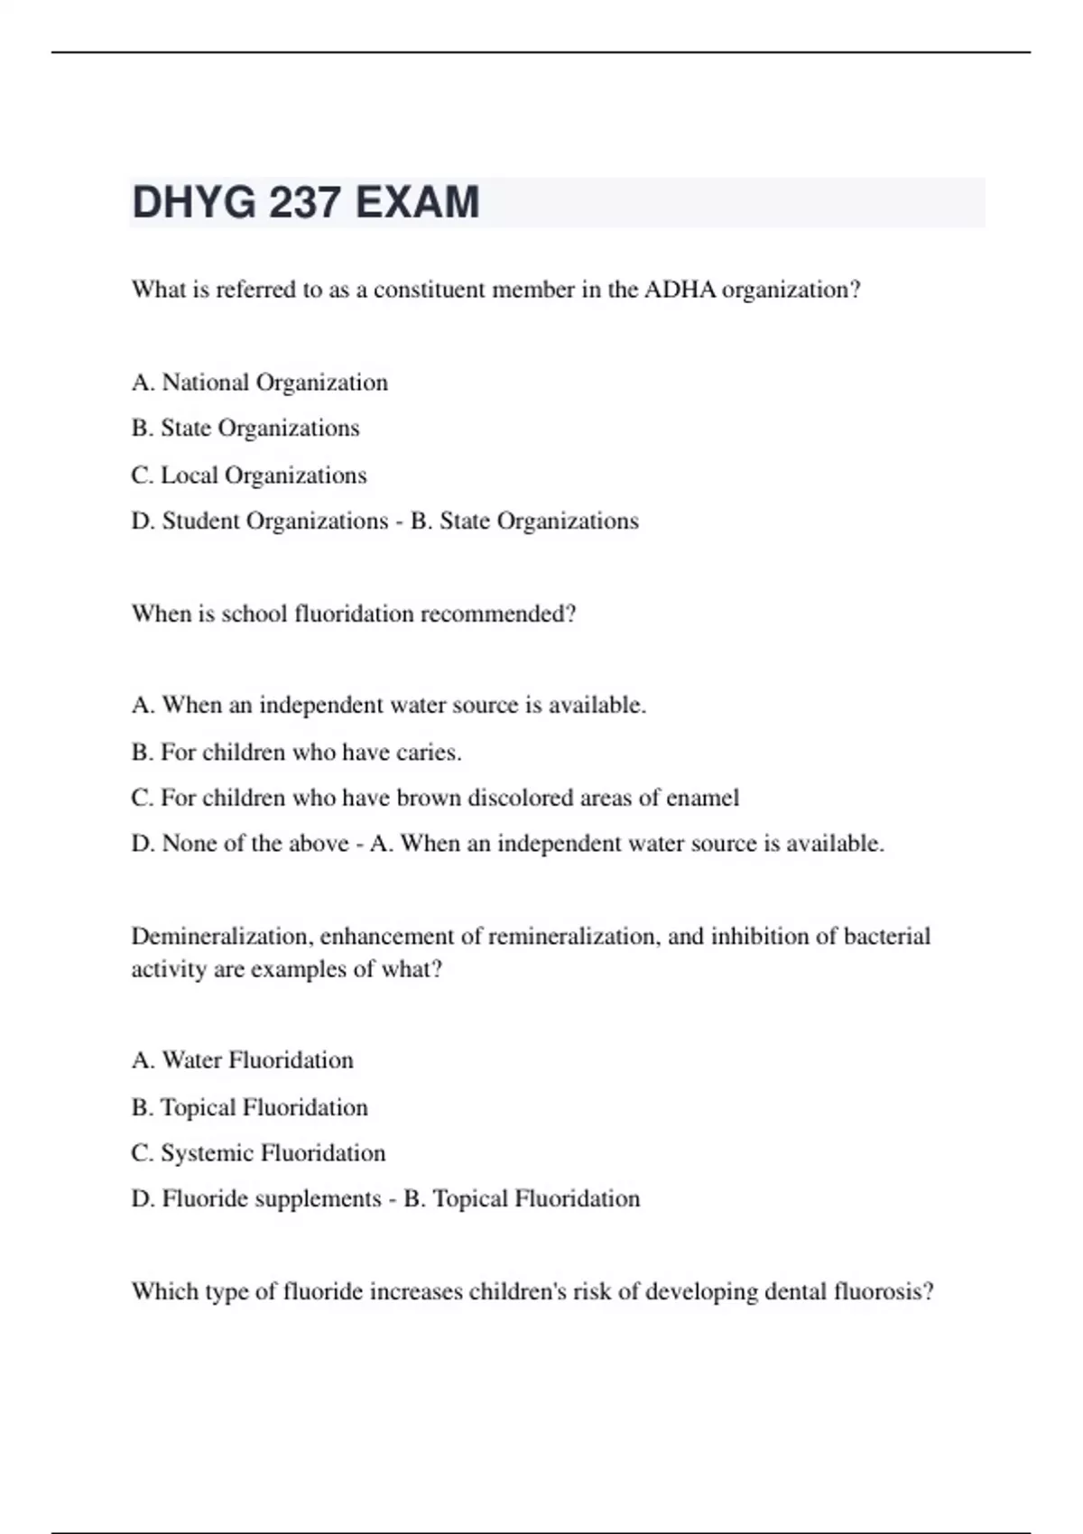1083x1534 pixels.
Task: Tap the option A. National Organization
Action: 260,383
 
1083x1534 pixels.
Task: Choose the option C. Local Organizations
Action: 249,476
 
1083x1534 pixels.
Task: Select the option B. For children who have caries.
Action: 297,753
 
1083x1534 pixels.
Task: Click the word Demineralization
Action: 221,937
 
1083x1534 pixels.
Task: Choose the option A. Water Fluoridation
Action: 243,1060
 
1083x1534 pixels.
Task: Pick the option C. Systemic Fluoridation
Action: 258,1153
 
